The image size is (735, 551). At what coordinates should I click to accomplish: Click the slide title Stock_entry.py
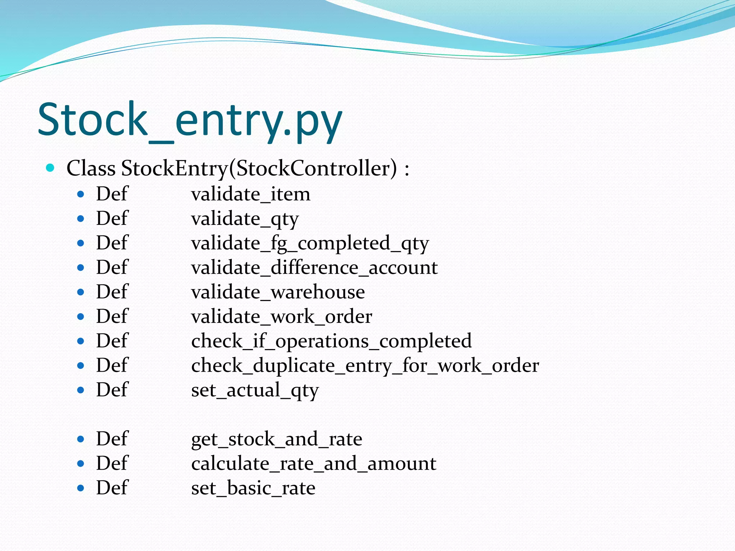click(190, 120)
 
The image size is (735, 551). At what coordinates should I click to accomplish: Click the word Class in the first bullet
click(91, 168)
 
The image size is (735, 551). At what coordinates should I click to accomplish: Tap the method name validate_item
click(251, 194)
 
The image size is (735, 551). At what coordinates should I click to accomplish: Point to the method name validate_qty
click(245, 219)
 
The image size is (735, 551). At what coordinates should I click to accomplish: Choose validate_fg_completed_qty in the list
click(310, 243)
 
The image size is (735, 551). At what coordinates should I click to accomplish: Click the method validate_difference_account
click(314, 268)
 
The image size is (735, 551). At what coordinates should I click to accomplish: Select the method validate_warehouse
click(278, 292)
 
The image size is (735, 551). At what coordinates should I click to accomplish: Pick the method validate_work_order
click(281, 317)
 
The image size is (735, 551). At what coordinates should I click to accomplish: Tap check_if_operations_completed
click(331, 341)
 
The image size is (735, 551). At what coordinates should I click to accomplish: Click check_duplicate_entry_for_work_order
click(365, 366)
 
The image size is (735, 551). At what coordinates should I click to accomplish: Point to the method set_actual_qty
click(255, 390)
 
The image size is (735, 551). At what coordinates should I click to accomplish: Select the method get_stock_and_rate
click(277, 439)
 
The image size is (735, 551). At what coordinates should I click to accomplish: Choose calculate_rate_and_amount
click(314, 463)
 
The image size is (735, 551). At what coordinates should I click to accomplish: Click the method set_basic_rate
click(253, 488)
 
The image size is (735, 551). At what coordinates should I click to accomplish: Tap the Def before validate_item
click(112, 194)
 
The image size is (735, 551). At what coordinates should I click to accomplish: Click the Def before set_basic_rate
click(112, 488)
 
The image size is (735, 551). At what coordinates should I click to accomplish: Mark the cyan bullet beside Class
click(50, 168)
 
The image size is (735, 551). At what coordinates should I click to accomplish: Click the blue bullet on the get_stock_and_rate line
click(81, 439)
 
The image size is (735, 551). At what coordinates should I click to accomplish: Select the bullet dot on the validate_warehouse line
click(81, 292)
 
